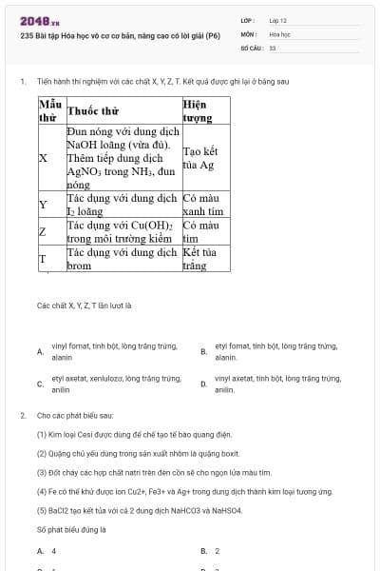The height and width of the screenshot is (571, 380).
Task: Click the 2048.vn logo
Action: (x=40, y=21)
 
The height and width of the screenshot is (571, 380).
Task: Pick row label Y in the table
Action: (x=43, y=205)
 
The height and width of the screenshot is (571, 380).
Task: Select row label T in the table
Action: (x=43, y=259)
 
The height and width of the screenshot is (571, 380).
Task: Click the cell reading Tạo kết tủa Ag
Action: (x=199, y=158)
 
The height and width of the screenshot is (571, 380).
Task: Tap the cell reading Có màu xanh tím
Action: (x=202, y=205)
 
